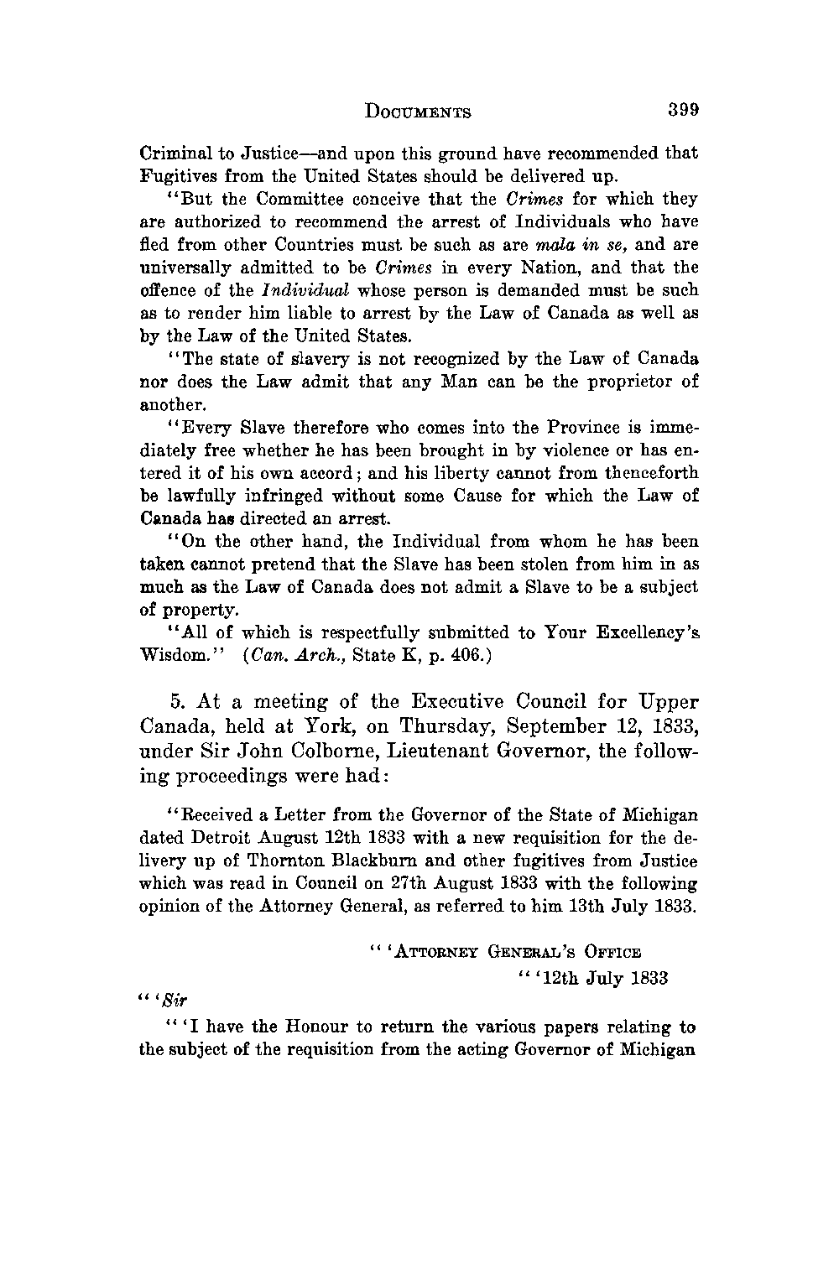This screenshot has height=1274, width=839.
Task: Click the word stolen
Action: tap(516, 564)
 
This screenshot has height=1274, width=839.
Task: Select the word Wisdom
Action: tap(169, 656)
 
